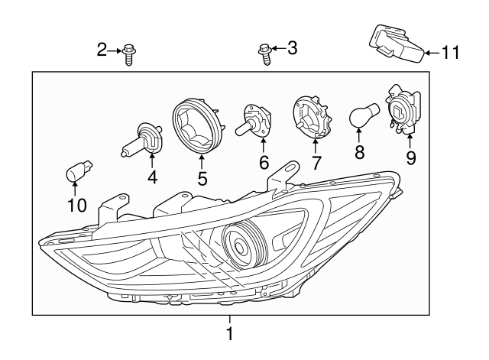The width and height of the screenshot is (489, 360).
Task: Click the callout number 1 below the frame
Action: pyautogui.click(x=228, y=334)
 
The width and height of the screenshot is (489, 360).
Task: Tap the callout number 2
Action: pyautogui.click(x=102, y=50)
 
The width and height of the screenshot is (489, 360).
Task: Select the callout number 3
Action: pyautogui.click(x=291, y=49)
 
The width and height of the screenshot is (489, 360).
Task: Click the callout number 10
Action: pyautogui.click(x=77, y=205)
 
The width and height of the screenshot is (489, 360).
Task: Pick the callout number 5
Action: pyautogui.click(x=202, y=179)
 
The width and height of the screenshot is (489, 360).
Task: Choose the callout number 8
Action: pyautogui.click(x=359, y=152)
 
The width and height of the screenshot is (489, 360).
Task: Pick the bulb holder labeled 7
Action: pyautogui.click(x=313, y=119)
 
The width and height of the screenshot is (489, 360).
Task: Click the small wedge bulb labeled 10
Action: pyautogui.click(x=76, y=171)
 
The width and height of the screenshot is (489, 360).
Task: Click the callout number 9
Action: pyautogui.click(x=411, y=158)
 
